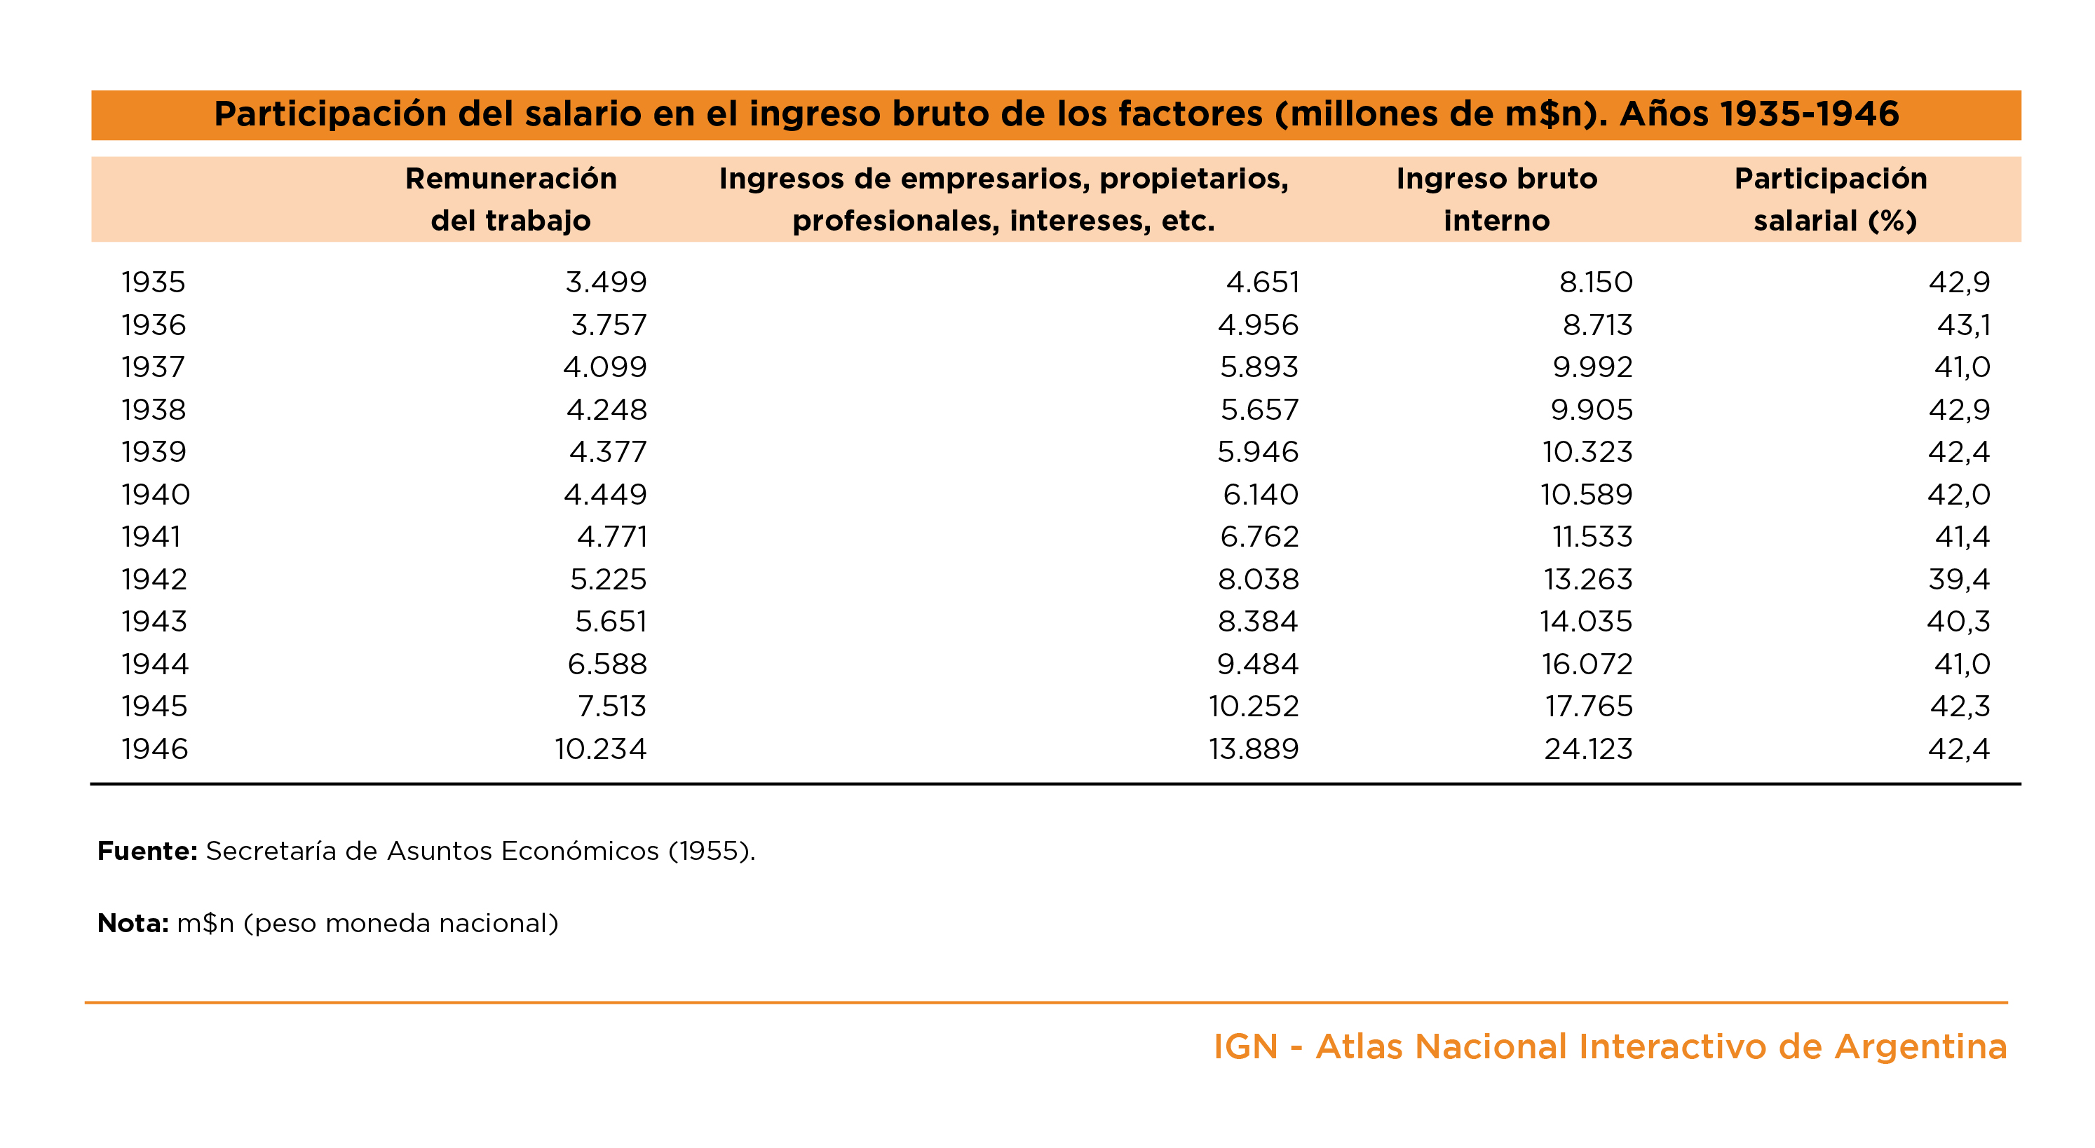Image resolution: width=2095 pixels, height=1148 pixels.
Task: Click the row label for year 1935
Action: tap(154, 282)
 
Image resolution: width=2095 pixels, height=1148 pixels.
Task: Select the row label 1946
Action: tap(154, 749)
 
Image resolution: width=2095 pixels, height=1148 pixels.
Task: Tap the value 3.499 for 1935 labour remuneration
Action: tap(606, 282)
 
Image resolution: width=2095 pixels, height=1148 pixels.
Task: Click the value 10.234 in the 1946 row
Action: tap(600, 749)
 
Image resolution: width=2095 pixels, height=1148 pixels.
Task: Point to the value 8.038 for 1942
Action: tap(1258, 579)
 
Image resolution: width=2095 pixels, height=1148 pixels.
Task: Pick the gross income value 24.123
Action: tap(1587, 749)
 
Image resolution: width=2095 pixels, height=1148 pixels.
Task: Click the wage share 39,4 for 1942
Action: tap(1958, 579)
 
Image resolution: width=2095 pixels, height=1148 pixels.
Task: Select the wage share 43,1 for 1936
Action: tap(1963, 324)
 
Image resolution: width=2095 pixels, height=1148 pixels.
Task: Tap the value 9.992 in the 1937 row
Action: tap(1592, 367)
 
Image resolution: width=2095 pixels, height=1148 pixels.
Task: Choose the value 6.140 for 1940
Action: tap(1261, 494)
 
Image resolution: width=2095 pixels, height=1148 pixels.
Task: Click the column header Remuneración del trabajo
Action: tap(510, 199)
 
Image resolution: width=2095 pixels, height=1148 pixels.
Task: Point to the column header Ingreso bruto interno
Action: tap(1496, 199)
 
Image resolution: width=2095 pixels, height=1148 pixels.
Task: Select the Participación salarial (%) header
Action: tap(1831, 199)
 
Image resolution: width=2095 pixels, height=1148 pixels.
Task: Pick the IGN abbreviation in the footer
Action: tap(1245, 1046)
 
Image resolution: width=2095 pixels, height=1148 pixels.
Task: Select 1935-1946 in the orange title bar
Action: tap(1758, 114)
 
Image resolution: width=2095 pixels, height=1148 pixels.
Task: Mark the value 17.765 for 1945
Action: tap(1588, 706)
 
